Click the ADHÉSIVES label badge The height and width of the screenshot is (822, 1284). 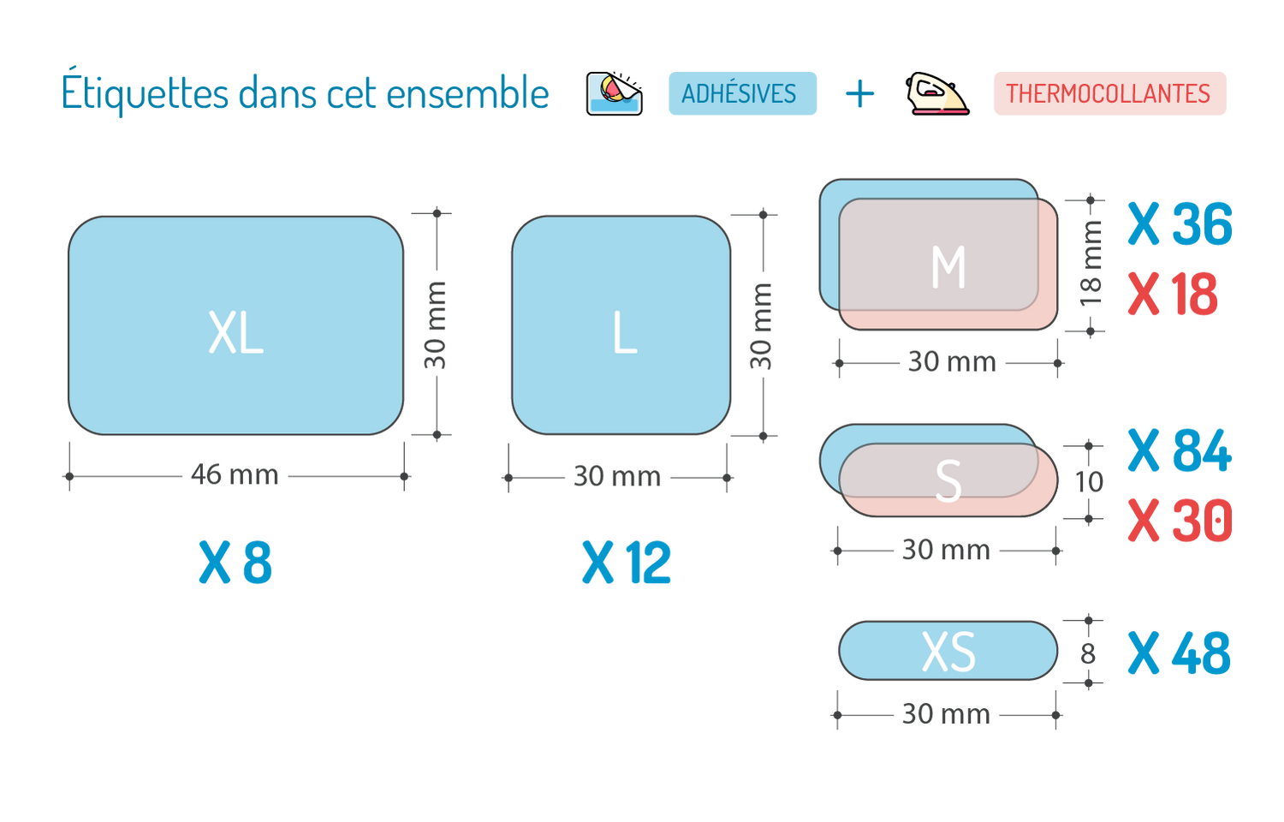(742, 93)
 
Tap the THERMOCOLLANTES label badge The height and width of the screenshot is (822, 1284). (1109, 93)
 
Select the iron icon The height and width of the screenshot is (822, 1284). (937, 93)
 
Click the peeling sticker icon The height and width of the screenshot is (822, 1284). (615, 93)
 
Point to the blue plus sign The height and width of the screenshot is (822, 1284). (859, 94)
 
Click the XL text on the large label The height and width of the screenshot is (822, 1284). (235, 333)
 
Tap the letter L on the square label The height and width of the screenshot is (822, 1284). (625, 333)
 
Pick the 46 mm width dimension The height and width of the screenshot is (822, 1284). (234, 474)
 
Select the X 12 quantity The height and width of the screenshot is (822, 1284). (626, 563)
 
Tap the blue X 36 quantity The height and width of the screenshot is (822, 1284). (1180, 224)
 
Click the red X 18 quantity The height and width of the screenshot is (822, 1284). (1173, 294)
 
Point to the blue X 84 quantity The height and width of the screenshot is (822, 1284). (1180, 450)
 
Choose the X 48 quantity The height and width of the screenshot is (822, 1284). (1180, 653)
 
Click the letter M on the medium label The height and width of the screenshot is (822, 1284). (948, 267)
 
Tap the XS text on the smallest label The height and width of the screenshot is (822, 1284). (948, 652)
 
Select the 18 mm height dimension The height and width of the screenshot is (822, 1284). (1091, 263)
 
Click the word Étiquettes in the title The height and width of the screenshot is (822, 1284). (145, 92)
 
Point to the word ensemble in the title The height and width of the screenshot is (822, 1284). (467, 92)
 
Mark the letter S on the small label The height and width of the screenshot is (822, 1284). (948, 481)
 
